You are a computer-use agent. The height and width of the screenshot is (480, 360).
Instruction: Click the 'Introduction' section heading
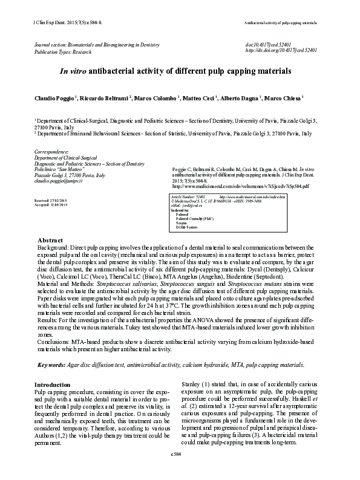coord(53,384)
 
